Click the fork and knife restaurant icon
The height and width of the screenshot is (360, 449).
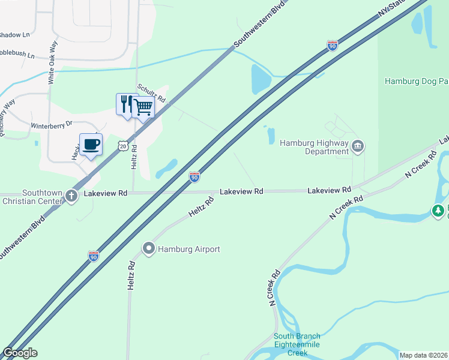tap(125, 104)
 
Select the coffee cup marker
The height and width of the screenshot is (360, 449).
tap(91, 145)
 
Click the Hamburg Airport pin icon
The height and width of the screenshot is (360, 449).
tap(148, 248)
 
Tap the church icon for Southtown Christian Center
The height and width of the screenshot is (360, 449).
tap(71, 196)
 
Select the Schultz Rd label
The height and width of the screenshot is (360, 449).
tap(151, 94)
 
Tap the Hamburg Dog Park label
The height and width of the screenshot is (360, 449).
tap(416, 81)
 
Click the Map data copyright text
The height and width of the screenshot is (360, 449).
tap(423, 355)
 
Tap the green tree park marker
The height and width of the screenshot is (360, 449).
tap(439, 211)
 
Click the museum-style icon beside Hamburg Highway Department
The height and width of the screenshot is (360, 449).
tap(358, 146)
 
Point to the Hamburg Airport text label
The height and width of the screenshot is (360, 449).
tap(188, 249)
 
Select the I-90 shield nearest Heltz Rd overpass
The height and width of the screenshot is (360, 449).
tap(194, 176)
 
